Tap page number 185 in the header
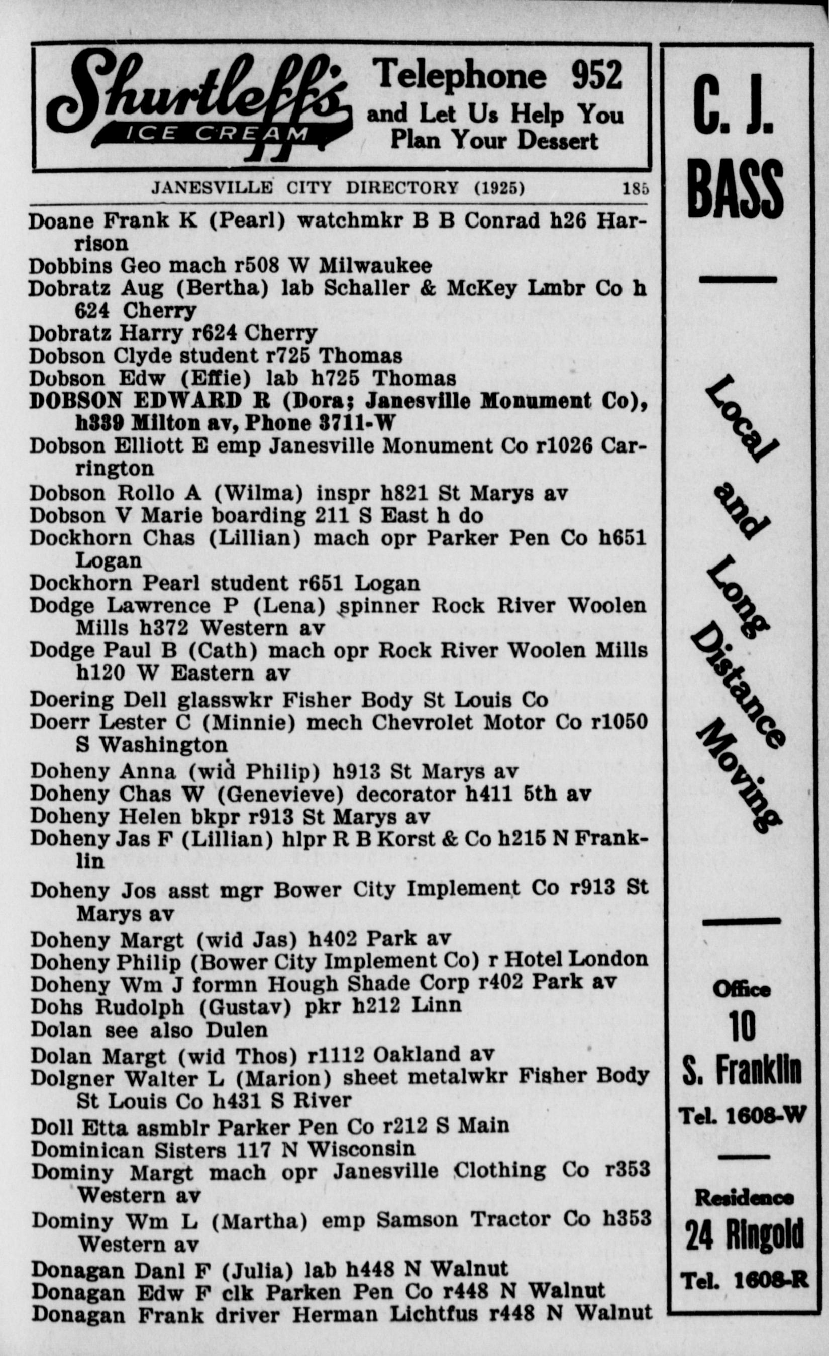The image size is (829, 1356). click(635, 189)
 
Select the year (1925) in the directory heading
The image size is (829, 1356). click(499, 189)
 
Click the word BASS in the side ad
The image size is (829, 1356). click(736, 190)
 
